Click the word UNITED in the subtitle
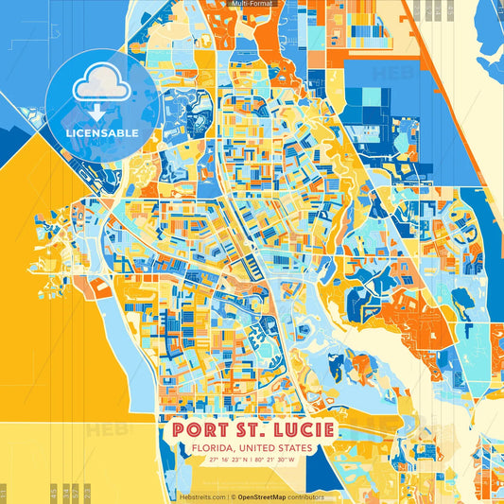point(256,447)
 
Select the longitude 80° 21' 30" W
point(275,460)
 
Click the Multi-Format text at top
point(251,5)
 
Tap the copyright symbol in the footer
point(234,496)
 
